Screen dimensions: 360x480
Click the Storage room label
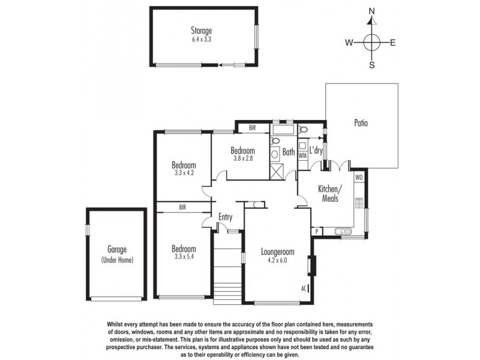(x=202, y=31)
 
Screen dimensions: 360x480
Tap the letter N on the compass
(x=372, y=11)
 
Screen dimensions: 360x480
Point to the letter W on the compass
(x=349, y=43)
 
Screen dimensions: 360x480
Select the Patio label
(x=360, y=124)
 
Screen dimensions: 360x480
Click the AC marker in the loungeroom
(x=304, y=288)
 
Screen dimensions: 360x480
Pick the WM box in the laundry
(x=302, y=155)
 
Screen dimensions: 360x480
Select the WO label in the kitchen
(x=359, y=178)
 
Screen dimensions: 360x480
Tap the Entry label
(x=226, y=217)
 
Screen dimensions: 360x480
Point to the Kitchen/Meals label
(x=329, y=194)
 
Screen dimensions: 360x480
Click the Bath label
(x=289, y=152)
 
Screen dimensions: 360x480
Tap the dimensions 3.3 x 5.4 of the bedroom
(x=184, y=257)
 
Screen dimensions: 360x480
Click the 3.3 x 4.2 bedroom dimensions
(x=184, y=173)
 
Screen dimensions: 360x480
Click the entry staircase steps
(x=227, y=270)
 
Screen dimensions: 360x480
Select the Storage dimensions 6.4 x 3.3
(x=202, y=39)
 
